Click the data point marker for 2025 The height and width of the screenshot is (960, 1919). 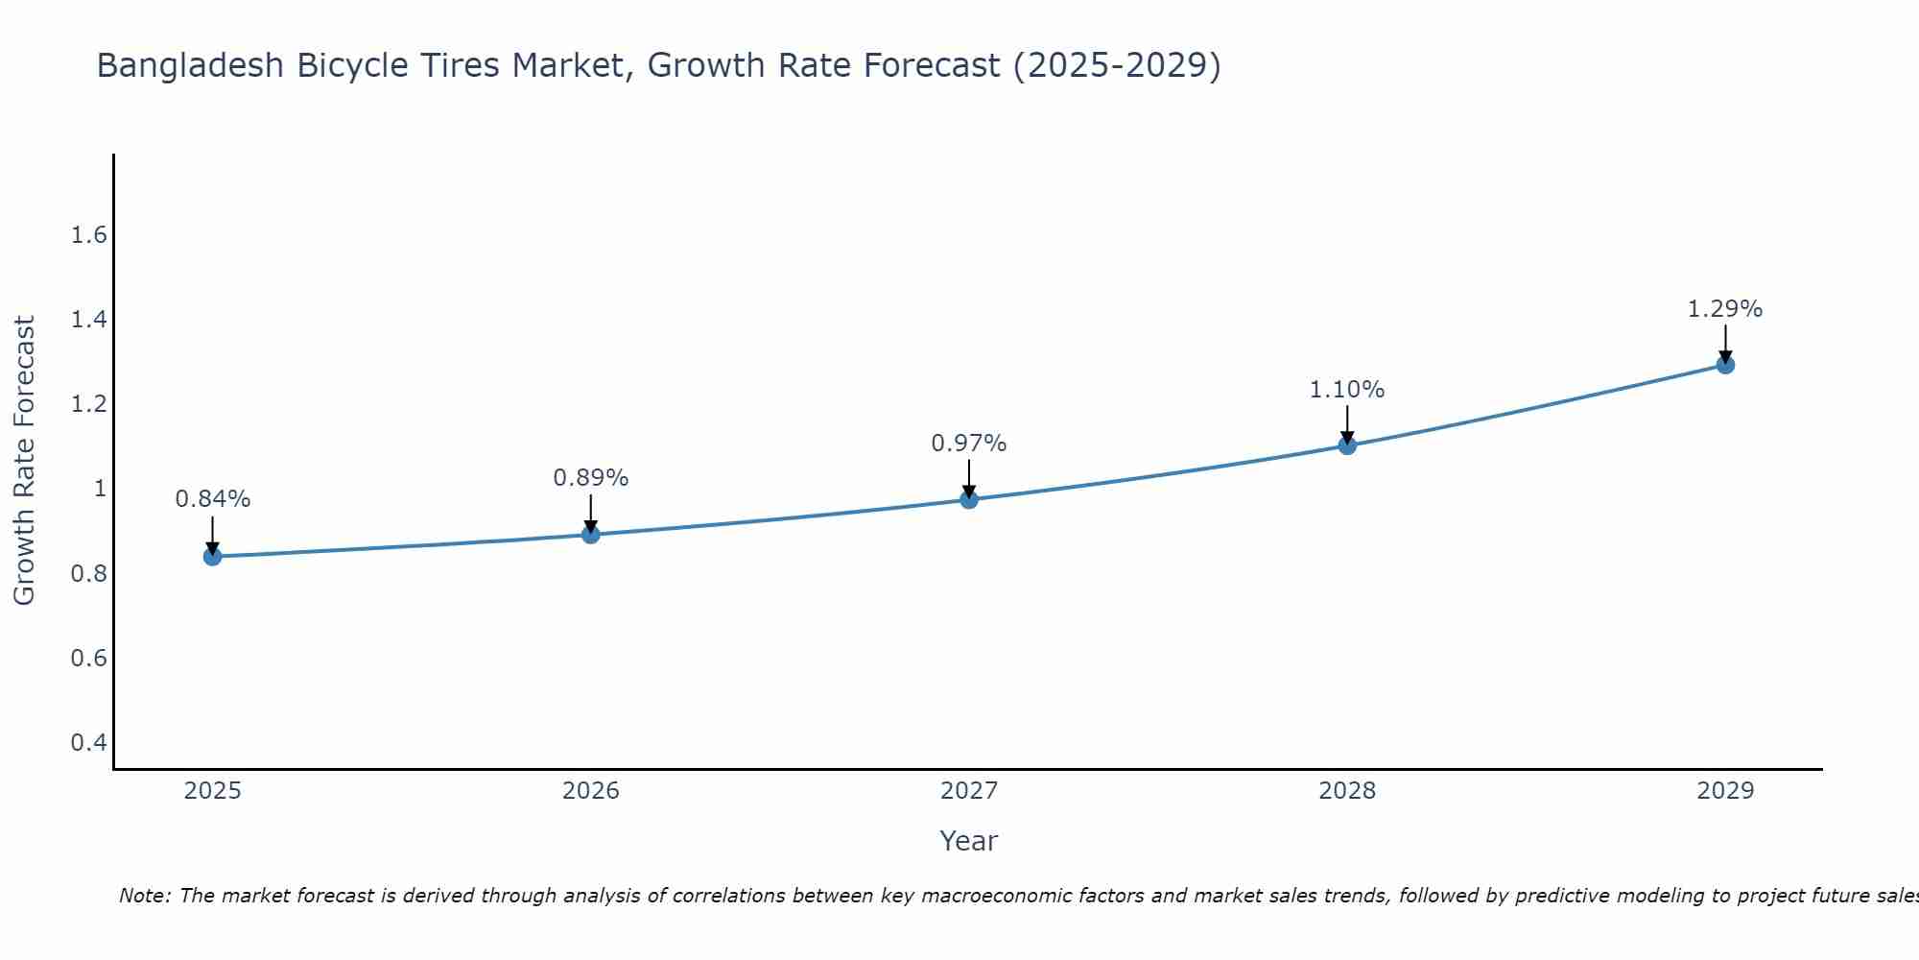212,556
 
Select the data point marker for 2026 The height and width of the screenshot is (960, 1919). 591,534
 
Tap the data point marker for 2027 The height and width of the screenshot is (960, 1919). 969,499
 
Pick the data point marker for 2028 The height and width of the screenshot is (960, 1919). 1347,444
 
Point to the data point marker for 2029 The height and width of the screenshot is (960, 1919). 1725,364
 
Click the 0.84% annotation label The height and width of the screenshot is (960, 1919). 212,499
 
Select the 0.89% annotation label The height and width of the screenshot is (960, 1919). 591,477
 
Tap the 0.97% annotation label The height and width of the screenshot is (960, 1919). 969,444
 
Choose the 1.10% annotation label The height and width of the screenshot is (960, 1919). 1347,390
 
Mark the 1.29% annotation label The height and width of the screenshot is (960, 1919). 1725,309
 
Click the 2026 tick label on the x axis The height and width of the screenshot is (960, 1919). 591,791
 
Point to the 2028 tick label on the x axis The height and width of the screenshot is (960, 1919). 1347,791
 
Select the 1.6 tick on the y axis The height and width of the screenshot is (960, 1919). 89,235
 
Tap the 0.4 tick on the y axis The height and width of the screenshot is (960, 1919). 89,742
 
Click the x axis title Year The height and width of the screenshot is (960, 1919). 969,841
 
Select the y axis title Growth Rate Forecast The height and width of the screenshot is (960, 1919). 24,461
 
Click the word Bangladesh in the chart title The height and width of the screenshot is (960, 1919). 191,65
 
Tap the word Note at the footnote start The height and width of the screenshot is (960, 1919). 145,896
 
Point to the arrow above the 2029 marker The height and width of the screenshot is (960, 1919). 1725,343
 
